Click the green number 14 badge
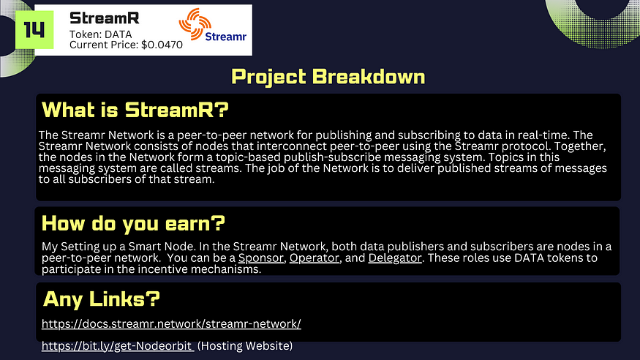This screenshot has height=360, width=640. point(34,30)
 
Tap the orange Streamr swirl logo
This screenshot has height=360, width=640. point(195,23)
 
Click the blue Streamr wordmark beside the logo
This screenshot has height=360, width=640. point(226,37)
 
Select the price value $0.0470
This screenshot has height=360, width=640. point(162,45)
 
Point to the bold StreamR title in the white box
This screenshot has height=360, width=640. point(105,18)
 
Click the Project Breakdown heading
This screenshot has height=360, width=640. point(328,77)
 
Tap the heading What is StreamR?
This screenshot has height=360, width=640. point(135,110)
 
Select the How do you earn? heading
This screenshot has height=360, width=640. point(133,223)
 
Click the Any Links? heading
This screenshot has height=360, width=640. point(102,299)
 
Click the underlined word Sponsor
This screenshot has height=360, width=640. point(261,258)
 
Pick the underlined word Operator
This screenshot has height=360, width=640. point(315,258)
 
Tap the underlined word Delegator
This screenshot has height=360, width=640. point(395,258)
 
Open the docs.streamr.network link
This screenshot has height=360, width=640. point(171,323)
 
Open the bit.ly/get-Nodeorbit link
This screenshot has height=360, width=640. point(118,345)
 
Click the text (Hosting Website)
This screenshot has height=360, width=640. point(245,345)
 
